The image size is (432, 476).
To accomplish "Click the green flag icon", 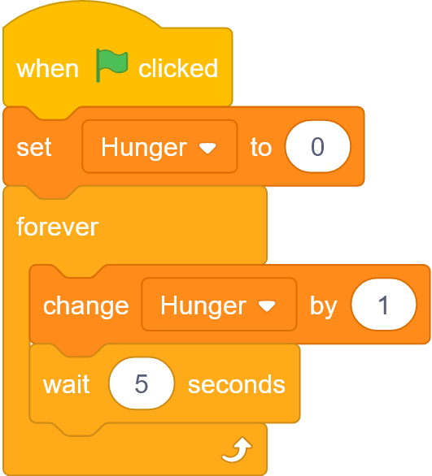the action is [111, 65].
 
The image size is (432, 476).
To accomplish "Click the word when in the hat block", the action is [47, 69].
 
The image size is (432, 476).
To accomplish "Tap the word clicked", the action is [178, 68].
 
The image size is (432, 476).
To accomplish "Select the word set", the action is [34, 147].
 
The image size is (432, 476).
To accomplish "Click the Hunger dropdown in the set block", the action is [159, 146].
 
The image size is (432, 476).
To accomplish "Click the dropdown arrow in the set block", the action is [207, 148].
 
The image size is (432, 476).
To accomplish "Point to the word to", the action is [261, 147].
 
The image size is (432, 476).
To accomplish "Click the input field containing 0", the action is [317, 146].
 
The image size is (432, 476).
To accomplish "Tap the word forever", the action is [58, 227].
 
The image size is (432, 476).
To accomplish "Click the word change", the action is [86, 305].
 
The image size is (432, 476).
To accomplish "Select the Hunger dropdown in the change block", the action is [219, 304].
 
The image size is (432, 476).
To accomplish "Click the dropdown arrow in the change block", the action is [267, 306].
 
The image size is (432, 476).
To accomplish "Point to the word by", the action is [324, 307].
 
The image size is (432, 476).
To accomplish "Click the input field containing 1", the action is [383, 304].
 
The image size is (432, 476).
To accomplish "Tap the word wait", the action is [66, 384].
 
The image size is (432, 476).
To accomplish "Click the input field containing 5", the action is [142, 383].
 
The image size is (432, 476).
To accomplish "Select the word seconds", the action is [237, 385].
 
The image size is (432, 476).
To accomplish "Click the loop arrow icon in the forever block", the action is [237, 449].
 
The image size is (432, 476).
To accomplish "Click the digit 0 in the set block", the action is [317, 147].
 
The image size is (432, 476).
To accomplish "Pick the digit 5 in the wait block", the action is [142, 383].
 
